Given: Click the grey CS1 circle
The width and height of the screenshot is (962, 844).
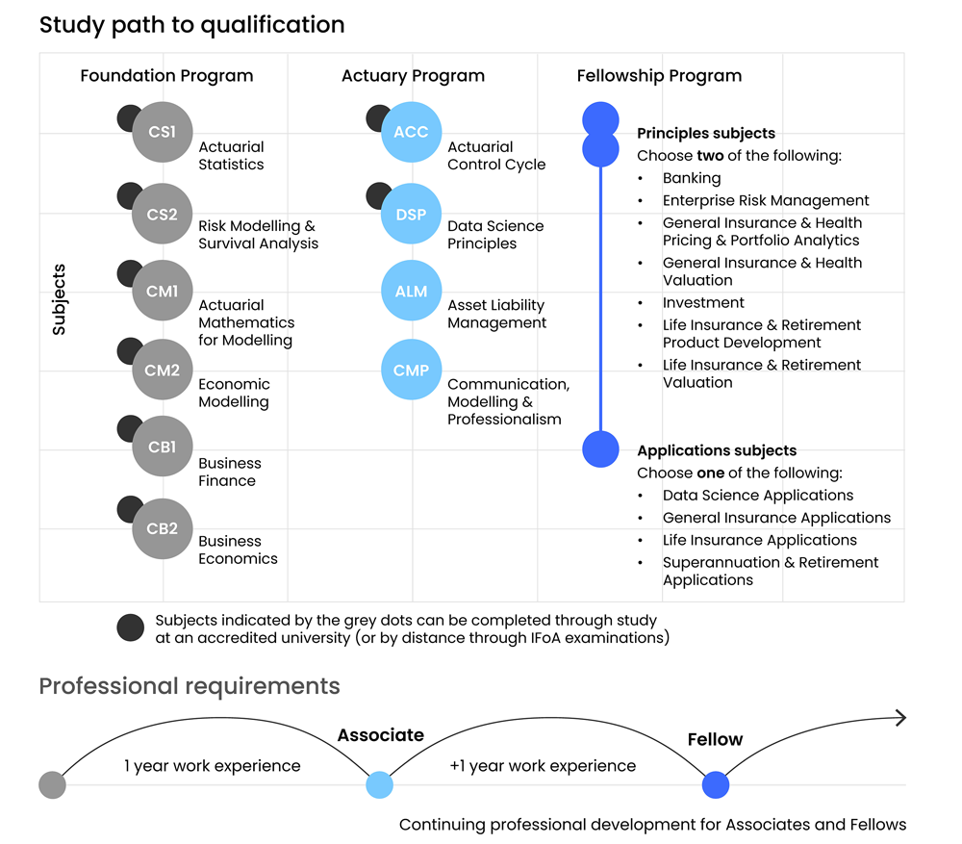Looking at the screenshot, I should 163,133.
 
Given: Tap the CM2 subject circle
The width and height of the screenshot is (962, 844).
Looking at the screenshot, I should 163,370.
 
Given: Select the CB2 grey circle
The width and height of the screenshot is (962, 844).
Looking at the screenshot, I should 163,528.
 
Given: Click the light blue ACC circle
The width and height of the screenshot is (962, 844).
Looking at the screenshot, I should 411,133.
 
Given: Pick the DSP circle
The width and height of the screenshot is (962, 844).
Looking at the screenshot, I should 411,214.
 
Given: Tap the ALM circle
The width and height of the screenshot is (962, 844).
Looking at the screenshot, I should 411,291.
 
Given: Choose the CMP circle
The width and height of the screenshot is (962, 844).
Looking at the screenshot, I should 411,370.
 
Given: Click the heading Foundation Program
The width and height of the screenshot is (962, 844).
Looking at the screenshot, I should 166,76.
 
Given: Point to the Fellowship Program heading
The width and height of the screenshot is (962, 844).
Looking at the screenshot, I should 659,76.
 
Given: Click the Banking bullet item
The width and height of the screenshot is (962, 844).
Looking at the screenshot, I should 691,178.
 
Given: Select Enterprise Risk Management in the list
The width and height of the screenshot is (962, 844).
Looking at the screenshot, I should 765,200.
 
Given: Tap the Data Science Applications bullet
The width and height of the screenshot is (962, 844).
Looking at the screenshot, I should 757,496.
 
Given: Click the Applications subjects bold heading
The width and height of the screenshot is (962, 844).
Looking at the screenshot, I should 717,450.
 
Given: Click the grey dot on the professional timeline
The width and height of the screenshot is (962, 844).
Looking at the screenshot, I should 52,785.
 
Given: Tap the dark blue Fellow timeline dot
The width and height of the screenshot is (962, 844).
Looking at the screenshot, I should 715,785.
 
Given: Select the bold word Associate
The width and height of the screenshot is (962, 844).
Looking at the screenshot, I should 380,735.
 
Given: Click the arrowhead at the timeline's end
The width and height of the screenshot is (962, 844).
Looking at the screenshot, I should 900,717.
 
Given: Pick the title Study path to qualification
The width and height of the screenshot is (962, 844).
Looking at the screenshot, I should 191,25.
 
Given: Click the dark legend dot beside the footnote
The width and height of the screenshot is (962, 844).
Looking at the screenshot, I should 131,627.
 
